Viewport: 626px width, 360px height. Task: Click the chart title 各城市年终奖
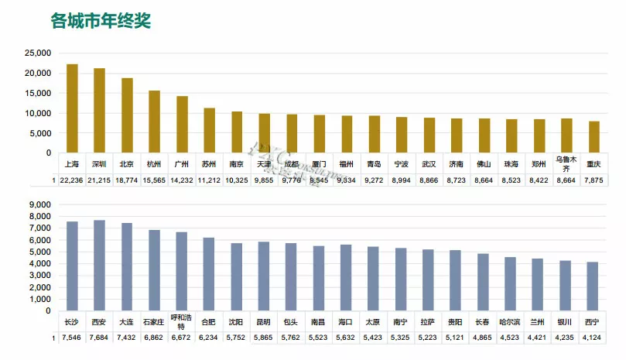click(x=101, y=21)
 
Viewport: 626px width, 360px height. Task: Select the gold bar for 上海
click(x=72, y=108)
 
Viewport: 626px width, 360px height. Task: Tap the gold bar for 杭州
click(x=155, y=122)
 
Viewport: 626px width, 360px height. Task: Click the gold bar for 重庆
click(x=594, y=137)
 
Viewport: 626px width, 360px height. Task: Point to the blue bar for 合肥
click(x=209, y=274)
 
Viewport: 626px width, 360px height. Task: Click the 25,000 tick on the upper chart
click(x=37, y=53)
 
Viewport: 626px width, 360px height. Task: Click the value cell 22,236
click(x=72, y=180)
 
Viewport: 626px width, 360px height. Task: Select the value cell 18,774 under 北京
click(x=127, y=180)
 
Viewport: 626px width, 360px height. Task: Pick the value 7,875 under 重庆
click(x=594, y=180)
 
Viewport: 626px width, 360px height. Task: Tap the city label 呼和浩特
click(x=182, y=323)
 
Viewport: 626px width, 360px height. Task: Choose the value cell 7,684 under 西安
click(x=100, y=338)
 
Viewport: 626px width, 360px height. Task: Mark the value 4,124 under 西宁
click(x=592, y=338)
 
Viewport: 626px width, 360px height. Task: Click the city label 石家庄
click(x=155, y=320)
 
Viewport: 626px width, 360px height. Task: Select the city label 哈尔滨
click(x=510, y=320)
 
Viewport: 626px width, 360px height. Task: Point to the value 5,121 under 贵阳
click(x=455, y=338)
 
